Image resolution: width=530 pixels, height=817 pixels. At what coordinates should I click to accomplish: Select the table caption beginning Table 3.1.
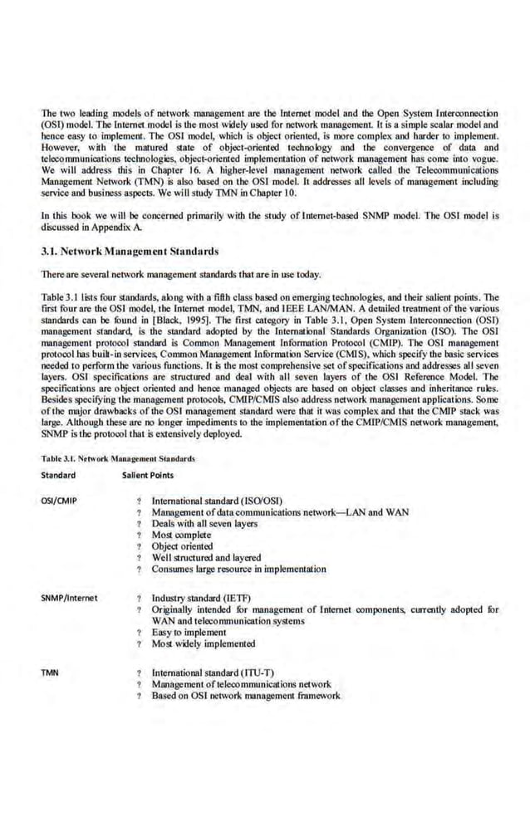pyautogui.click(x=117, y=457)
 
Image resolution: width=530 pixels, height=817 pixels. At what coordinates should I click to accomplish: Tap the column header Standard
pyautogui.click(x=58, y=475)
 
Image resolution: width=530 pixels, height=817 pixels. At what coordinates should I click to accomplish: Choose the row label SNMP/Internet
pyautogui.click(x=69, y=597)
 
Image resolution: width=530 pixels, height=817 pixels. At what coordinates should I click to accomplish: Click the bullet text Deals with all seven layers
pyautogui.click(x=204, y=524)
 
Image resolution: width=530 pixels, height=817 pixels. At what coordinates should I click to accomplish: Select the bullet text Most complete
pyautogui.click(x=175, y=536)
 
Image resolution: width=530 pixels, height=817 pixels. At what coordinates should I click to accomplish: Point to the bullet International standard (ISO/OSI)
pyautogui.click(x=218, y=501)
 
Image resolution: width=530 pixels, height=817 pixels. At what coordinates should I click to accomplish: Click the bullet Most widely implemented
pyautogui.click(x=203, y=643)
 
